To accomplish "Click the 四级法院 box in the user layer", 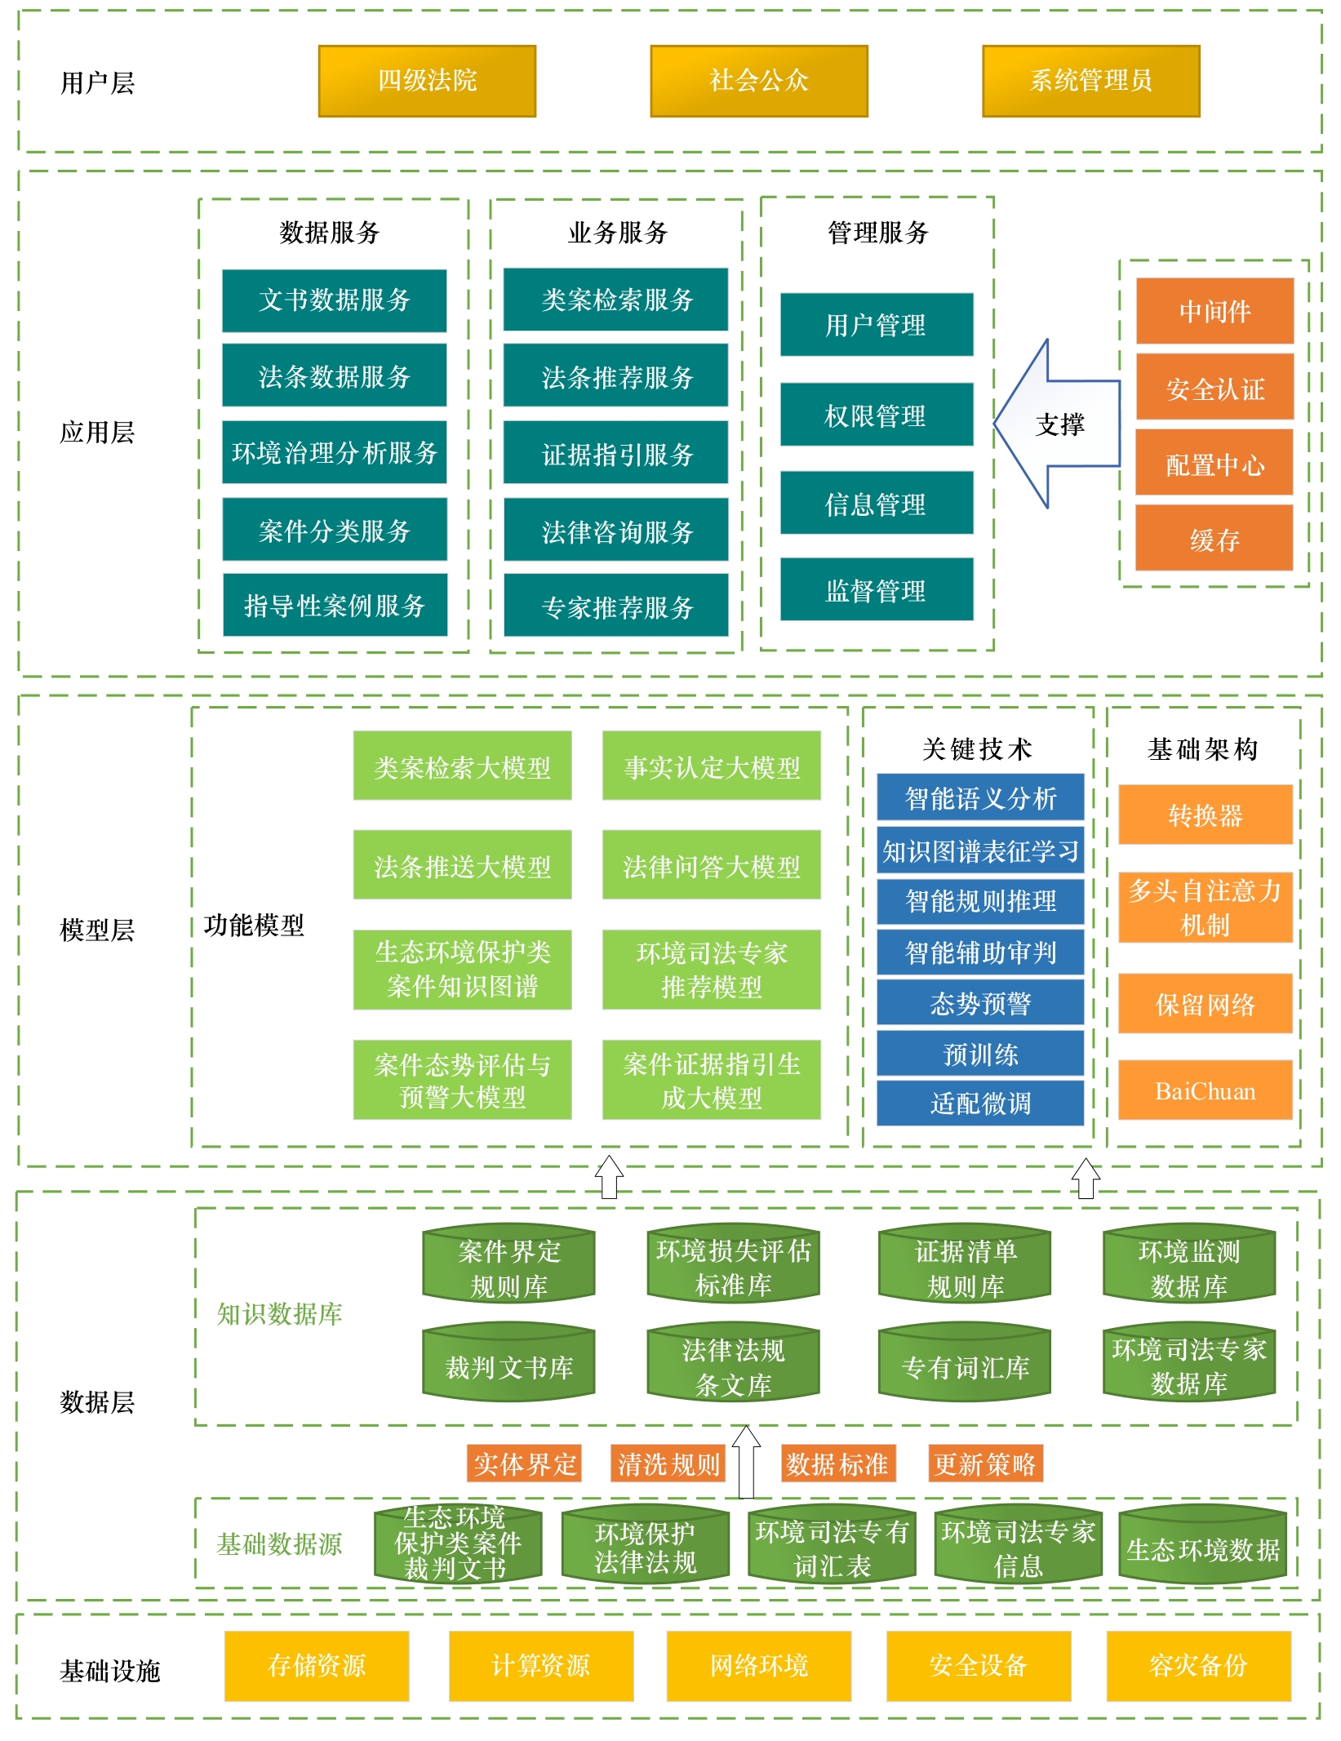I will (x=427, y=81).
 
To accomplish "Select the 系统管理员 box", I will (x=1090, y=81).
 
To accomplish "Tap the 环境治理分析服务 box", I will (x=335, y=452).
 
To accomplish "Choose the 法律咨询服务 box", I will (x=616, y=531).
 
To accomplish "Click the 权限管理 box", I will (x=877, y=415).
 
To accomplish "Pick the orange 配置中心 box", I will (x=1214, y=464).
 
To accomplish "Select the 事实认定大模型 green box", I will (x=712, y=766).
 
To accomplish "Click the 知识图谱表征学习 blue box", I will (x=980, y=851).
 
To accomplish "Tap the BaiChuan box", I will (x=1205, y=1090).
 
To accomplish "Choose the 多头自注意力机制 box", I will (x=1205, y=907).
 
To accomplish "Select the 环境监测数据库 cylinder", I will (x=1188, y=1267).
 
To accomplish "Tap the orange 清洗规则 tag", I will (x=668, y=1464).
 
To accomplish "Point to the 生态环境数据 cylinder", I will (x=1202, y=1548).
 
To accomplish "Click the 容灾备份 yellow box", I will (x=1198, y=1665).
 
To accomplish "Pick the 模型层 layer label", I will (x=97, y=930).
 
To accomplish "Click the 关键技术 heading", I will (x=977, y=748).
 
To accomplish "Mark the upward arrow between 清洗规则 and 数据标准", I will (x=746, y=1463).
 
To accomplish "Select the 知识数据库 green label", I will (x=279, y=1313).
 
